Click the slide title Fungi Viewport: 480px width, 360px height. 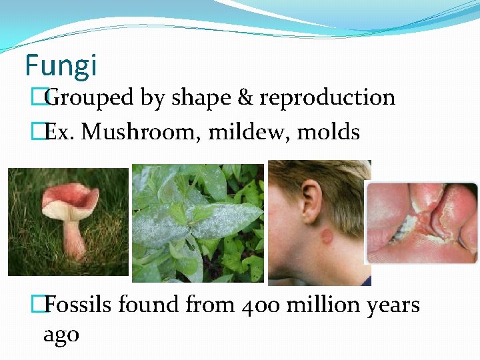click(x=61, y=65)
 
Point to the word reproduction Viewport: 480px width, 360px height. click(x=327, y=98)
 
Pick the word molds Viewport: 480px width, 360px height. click(x=329, y=132)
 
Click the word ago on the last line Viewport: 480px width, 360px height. click(x=61, y=334)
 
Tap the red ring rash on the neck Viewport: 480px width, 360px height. click(x=327, y=237)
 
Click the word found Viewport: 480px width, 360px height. click(x=150, y=305)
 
